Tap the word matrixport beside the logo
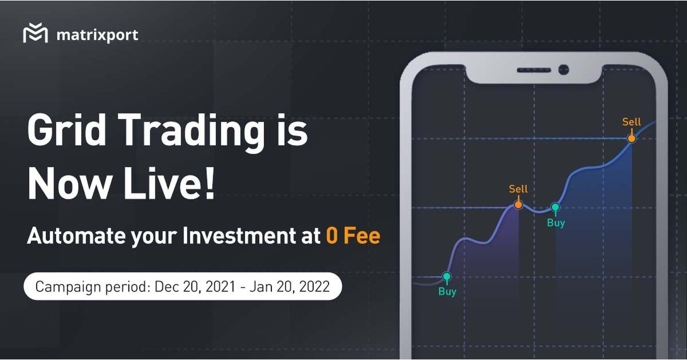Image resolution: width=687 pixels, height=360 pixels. pos(97,35)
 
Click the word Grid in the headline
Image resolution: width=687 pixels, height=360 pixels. pos(66,132)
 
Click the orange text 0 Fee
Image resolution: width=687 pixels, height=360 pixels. pos(353,236)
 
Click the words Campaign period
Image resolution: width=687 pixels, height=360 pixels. pos(92,287)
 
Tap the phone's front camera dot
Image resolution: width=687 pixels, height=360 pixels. pos(563,70)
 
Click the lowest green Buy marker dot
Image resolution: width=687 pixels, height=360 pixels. pos(447,277)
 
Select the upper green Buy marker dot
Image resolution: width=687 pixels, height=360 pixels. pos(555,207)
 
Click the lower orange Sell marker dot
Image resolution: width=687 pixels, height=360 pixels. pos(518,204)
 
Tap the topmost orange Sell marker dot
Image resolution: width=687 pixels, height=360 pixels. pos(631,138)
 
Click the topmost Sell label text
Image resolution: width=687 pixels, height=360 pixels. pos(631,122)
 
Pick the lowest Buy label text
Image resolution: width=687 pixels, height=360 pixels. pos(447,292)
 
